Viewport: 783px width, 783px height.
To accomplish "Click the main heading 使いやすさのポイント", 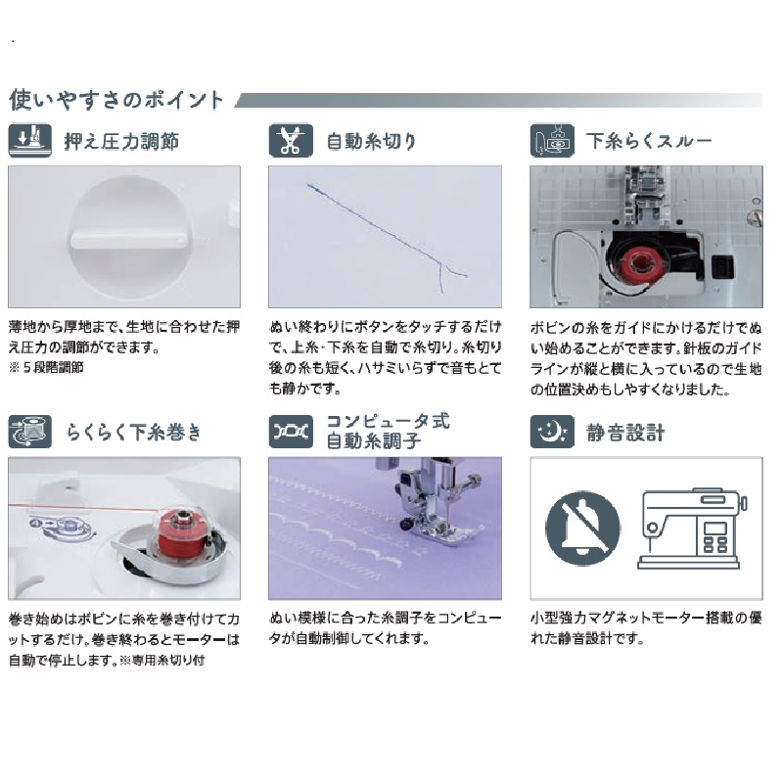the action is [115, 100].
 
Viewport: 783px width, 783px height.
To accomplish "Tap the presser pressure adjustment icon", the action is [30, 140].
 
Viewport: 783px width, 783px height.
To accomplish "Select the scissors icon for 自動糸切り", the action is [291, 140].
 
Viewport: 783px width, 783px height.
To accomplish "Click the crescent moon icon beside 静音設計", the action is [552, 432].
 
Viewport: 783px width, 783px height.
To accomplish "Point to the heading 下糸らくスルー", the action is [649, 141].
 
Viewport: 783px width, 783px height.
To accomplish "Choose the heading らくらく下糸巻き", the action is [133, 432].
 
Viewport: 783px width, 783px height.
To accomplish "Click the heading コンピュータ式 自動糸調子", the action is [388, 431].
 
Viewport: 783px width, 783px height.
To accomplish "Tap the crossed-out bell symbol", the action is [582, 528].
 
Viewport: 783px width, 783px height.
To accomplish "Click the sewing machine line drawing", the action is [691, 529].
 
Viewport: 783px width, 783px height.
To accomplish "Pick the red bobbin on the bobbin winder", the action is [179, 535].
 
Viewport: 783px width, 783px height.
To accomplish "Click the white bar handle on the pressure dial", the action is [126, 240].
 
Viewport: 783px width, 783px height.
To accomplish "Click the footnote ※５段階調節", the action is [46, 368].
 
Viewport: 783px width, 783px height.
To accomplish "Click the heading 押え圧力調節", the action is [121, 141].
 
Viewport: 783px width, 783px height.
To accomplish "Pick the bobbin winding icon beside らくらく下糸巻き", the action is [30, 432].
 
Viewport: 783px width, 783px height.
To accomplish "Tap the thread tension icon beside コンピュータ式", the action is [291, 432].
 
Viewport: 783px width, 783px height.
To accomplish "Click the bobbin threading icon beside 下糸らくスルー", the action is [552, 140].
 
